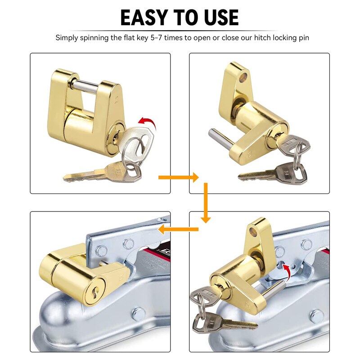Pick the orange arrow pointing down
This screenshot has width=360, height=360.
coord(206,202)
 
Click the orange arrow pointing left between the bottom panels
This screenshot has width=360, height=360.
coord(178,229)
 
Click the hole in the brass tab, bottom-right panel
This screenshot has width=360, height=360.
coord(258,232)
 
